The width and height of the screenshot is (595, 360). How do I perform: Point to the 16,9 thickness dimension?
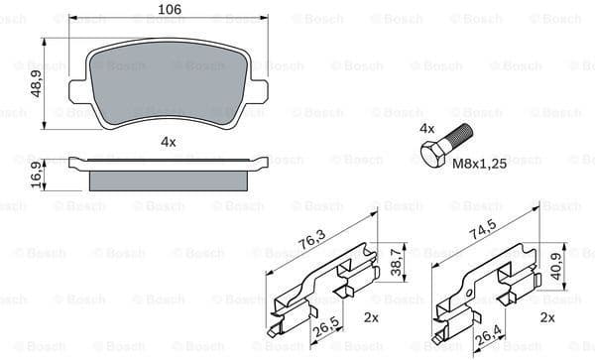coord(37,174)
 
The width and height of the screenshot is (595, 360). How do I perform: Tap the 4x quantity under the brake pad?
coord(168,142)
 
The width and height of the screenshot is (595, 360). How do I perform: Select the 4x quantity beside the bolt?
coord(427,129)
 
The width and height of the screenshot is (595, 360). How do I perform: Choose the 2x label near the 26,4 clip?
coord(546,317)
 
